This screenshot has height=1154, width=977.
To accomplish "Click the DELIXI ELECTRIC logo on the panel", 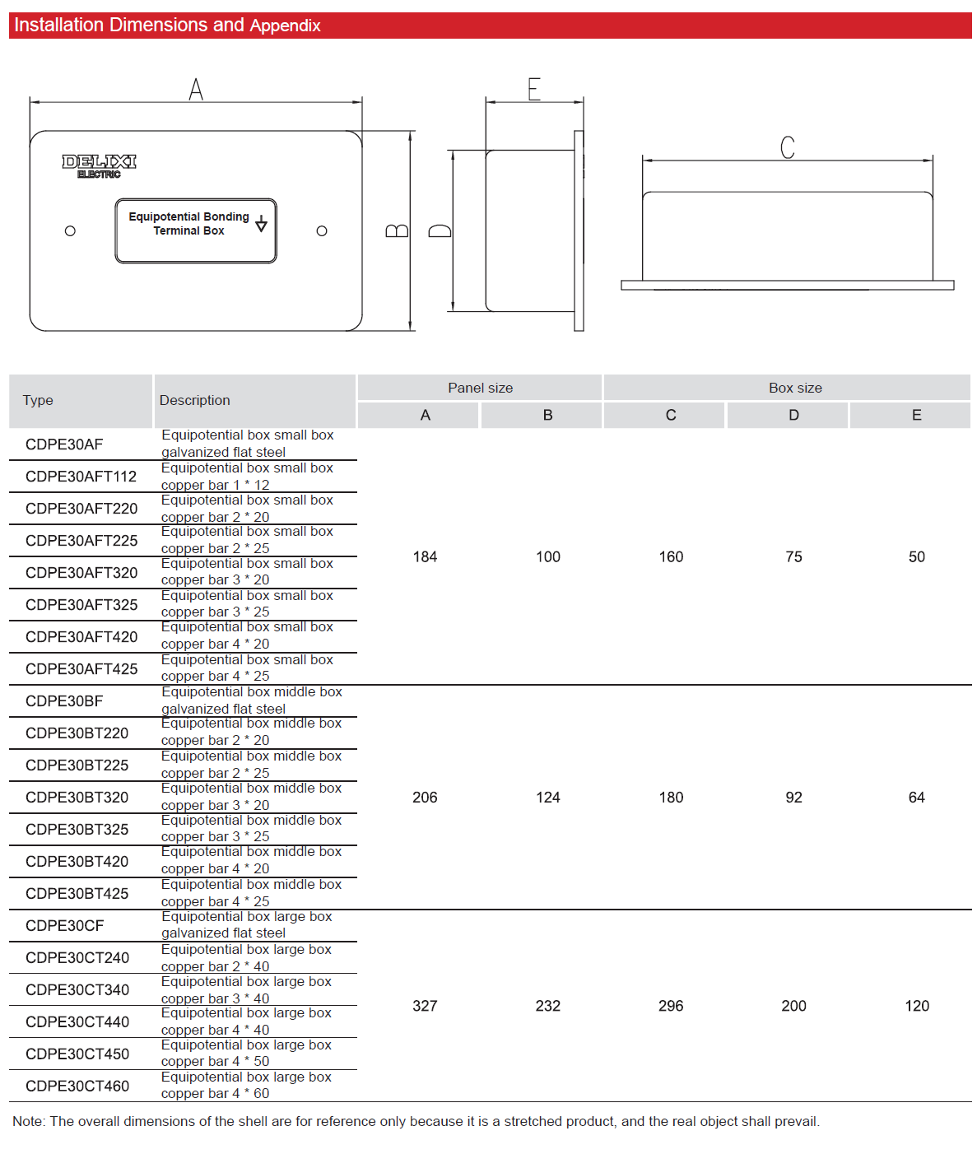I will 99,165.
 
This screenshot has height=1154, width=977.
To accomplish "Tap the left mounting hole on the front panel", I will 70,231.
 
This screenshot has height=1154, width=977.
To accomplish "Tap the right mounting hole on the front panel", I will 322,231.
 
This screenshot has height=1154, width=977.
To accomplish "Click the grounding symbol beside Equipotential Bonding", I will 261,224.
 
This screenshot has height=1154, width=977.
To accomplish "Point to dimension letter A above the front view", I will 196,89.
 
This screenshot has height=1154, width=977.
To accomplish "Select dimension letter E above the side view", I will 534,89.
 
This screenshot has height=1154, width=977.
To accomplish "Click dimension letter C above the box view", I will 788,147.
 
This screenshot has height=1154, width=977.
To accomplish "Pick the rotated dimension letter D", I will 440,230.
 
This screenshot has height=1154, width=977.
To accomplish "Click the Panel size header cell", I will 480,388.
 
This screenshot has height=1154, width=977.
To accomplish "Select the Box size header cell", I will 795,388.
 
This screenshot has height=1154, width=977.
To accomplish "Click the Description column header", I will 195,400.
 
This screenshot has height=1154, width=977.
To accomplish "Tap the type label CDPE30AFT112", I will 81,477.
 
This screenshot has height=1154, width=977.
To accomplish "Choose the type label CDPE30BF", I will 64,701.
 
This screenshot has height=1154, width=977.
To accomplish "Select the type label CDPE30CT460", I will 77,1087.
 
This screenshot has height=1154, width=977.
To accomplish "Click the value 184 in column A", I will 425,557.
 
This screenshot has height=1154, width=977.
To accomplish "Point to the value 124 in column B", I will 547,798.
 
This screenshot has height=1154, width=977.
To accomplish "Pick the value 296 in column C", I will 671,1006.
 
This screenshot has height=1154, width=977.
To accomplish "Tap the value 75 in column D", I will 793,557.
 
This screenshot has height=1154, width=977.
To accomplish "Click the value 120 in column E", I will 917,1006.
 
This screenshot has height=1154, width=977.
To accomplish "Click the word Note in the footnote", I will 28,1122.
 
